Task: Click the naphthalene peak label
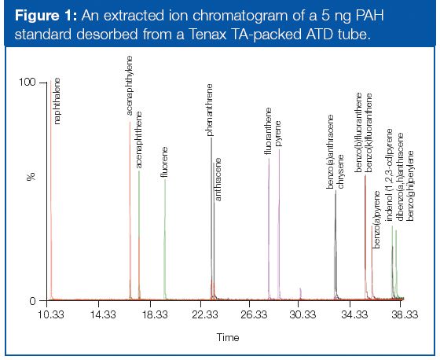pyautogui.click(x=57, y=101)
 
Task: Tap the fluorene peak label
pyautogui.click(x=165, y=163)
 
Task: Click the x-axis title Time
pyautogui.click(x=228, y=336)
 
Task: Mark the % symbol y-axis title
pyautogui.click(x=31, y=177)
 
